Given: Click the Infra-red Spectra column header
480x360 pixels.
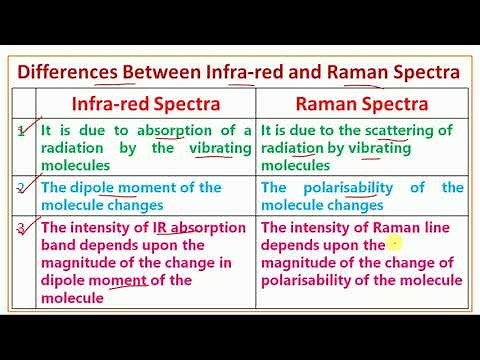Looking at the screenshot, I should pos(144,104).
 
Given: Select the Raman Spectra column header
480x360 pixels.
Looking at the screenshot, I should pos(363,104).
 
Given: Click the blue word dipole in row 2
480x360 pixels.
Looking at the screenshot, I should pos(102,188).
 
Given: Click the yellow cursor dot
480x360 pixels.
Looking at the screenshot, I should pos(395,242).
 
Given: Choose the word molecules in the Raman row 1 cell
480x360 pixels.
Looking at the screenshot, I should pos(295,166).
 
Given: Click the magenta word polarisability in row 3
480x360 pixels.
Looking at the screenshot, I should pos(313,280).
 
